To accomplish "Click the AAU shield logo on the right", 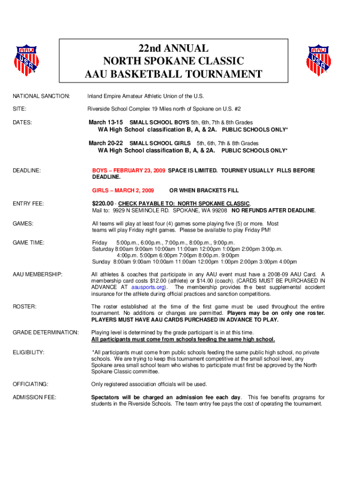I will click(320, 59).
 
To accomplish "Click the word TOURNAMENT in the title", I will click(226, 74).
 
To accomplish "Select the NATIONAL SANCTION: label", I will click(41, 96).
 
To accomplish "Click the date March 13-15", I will click(106, 122).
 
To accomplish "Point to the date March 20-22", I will click(106, 143).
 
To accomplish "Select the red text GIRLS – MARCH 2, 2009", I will click(123, 190).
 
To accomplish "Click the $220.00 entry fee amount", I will click(103, 203).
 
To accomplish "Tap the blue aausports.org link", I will click(147, 287).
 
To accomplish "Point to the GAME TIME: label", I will click(29, 243).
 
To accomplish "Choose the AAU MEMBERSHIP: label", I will click(38, 274).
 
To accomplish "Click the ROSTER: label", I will click(24, 306).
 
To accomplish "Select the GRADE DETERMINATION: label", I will click(46, 332).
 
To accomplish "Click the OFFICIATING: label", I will click(30, 384).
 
